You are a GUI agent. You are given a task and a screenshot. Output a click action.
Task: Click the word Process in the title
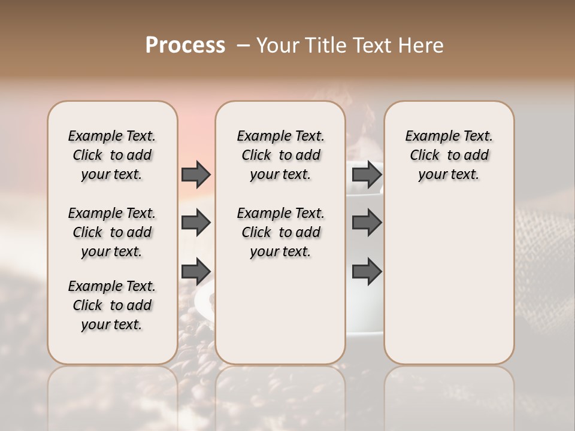[x=185, y=45]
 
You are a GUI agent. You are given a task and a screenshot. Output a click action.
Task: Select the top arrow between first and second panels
[x=196, y=174]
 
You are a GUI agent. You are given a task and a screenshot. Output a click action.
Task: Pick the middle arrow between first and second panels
[x=196, y=223]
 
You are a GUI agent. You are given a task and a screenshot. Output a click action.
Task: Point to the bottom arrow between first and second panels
[x=196, y=271]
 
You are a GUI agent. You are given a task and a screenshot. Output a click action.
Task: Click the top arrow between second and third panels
[x=367, y=174]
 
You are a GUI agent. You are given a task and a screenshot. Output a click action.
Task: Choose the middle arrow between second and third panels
[x=367, y=223]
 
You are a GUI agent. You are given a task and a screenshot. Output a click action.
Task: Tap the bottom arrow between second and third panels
[x=367, y=271]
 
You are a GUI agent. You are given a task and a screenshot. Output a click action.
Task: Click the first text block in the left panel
[x=112, y=155]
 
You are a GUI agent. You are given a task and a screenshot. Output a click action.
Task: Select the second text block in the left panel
[x=112, y=232]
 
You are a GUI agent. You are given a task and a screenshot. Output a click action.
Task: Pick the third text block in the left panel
[x=112, y=305]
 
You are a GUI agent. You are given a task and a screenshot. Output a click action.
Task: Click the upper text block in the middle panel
[x=280, y=155]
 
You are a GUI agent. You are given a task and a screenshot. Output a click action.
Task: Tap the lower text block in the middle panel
[x=280, y=232]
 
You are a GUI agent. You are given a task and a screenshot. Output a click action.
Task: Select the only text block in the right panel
[x=449, y=155]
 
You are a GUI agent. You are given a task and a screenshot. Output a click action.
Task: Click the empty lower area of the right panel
[x=449, y=281]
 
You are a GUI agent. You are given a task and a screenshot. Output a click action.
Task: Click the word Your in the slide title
[x=276, y=45]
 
